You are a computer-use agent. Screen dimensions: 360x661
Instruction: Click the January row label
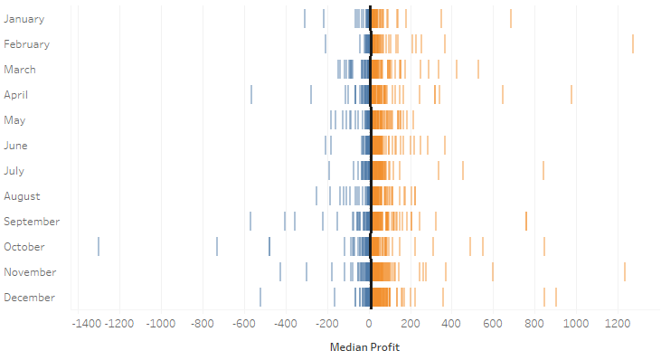pos(24,18)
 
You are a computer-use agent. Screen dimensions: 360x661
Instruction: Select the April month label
pos(17,94)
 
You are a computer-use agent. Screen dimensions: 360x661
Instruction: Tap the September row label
pos(32,222)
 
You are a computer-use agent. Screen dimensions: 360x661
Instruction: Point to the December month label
pos(30,298)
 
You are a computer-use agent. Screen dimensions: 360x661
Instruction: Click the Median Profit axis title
pos(364,347)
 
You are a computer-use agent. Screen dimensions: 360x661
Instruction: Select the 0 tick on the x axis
pos(369,323)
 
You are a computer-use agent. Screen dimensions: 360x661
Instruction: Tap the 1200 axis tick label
pos(618,323)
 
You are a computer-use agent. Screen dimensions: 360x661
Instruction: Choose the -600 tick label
pos(243,323)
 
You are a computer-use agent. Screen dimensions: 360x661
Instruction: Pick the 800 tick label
pos(534,323)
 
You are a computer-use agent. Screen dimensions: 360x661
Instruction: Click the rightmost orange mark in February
pos(633,43)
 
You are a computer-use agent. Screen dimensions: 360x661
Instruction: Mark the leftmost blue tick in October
pos(99,247)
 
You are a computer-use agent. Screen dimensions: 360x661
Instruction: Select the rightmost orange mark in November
pos(625,272)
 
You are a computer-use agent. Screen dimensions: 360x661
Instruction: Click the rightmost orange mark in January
pos(511,18)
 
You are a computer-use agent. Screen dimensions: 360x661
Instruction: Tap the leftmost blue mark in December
pos(260,298)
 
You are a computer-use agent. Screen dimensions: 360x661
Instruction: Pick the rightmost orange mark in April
pos(571,94)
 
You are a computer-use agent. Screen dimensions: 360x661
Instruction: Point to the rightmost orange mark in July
pos(543,171)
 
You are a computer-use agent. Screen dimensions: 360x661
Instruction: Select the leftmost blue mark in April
pos(251,94)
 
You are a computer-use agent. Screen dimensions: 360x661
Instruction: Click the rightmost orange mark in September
pos(526,222)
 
